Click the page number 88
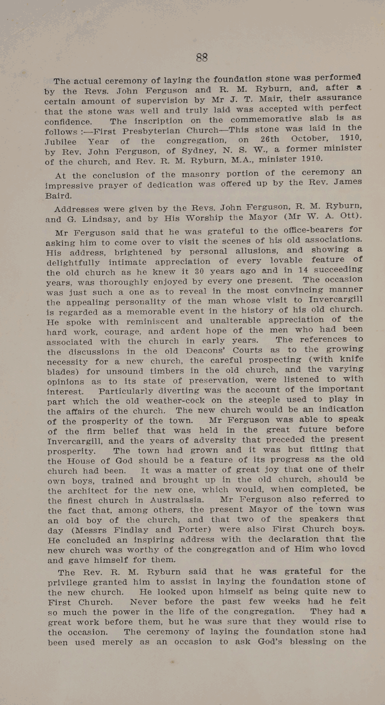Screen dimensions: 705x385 pyautogui.click(x=201, y=57)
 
